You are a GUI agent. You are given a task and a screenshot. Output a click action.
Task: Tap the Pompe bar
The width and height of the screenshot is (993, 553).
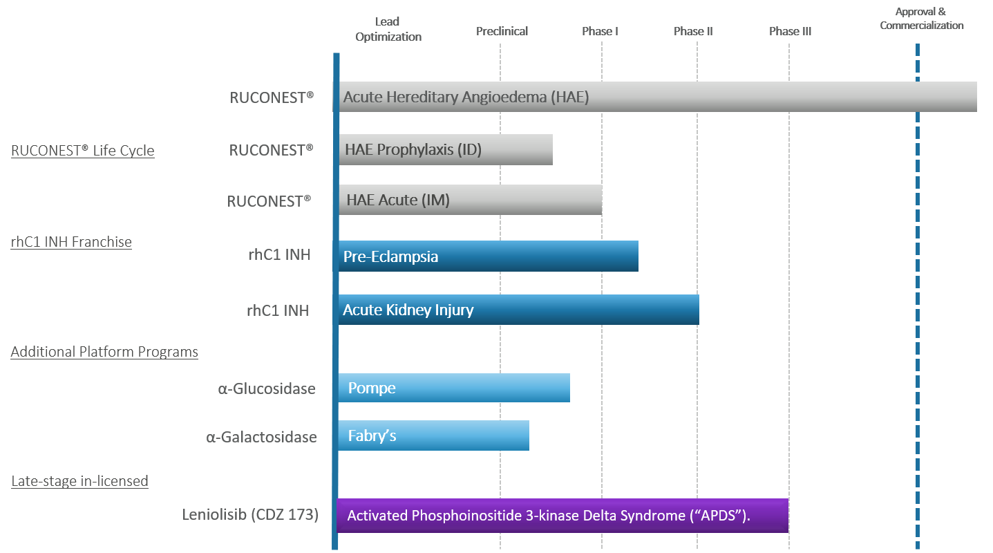pyautogui.click(x=453, y=388)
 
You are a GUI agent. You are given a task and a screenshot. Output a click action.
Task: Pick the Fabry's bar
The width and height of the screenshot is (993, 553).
pyautogui.click(x=433, y=435)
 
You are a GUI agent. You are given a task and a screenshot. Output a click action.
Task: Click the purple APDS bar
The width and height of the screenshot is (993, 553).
pyautogui.click(x=562, y=515)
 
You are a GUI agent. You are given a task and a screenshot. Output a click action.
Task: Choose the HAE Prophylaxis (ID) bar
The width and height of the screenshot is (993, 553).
pyautogui.click(x=446, y=149)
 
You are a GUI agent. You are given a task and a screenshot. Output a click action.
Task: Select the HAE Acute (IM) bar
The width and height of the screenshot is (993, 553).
pyautogui.click(x=471, y=200)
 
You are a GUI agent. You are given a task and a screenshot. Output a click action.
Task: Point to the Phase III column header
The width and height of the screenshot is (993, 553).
pyautogui.click(x=790, y=32)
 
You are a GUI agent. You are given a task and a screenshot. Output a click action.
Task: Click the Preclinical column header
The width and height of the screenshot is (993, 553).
pyautogui.click(x=502, y=32)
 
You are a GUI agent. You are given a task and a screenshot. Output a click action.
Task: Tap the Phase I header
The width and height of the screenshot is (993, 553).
pyautogui.click(x=600, y=32)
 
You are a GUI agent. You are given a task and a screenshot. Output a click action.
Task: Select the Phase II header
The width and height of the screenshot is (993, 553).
pyautogui.click(x=693, y=32)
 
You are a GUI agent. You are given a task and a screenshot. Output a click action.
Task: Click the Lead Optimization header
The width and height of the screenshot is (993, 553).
pyautogui.click(x=388, y=29)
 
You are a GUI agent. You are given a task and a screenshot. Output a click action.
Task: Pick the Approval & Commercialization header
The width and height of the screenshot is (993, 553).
pyautogui.click(x=922, y=19)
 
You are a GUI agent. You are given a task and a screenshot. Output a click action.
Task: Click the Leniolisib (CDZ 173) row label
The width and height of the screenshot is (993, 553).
pyautogui.click(x=250, y=514)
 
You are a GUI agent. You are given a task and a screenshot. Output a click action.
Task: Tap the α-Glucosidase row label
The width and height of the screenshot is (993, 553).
pyautogui.click(x=267, y=388)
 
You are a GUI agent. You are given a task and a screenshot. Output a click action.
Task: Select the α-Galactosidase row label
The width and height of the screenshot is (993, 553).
pyautogui.click(x=261, y=437)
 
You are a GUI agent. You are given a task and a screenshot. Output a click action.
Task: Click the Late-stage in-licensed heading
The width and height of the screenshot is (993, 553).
pyautogui.click(x=79, y=480)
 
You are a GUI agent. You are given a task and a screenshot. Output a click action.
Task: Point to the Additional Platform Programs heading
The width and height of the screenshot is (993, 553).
pyautogui.click(x=104, y=352)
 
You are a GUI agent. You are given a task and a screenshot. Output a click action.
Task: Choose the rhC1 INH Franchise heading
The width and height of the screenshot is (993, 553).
pyautogui.click(x=71, y=242)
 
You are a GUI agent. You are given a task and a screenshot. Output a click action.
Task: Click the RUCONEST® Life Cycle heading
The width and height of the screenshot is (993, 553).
pyautogui.click(x=83, y=151)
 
